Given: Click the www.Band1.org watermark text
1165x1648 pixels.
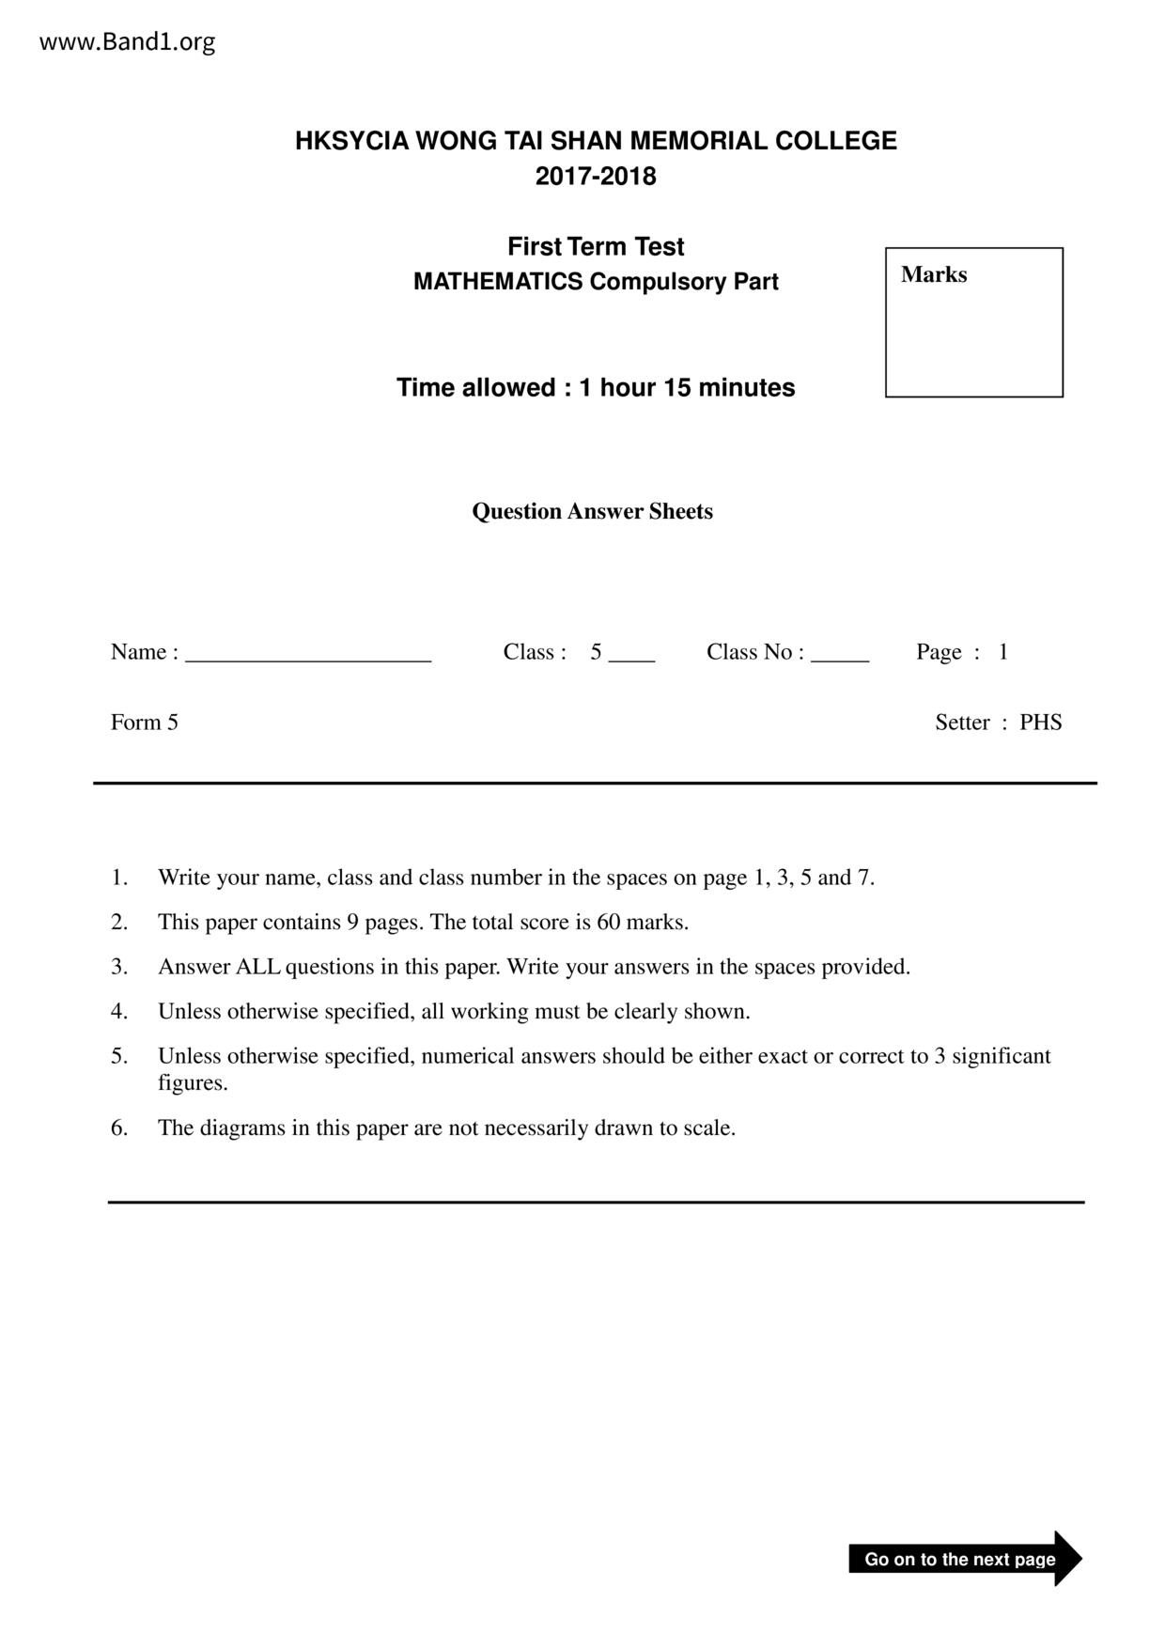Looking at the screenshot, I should coord(127,42).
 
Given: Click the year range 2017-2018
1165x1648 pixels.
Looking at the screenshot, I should coord(596,177).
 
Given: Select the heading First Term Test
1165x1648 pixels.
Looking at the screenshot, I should coord(596,247).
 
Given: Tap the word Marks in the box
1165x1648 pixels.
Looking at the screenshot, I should coord(934,274).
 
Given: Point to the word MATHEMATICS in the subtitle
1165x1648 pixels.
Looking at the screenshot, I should coord(498,282).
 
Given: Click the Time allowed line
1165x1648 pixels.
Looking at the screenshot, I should coord(596,388).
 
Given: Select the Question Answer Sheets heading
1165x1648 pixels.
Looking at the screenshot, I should coord(592,511).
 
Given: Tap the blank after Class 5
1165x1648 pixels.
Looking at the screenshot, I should coord(631,656).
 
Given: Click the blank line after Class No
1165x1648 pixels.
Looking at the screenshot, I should coord(840,656).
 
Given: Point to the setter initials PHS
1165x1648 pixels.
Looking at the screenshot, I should coord(1041,723).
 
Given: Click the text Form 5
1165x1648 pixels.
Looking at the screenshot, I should coord(145,723).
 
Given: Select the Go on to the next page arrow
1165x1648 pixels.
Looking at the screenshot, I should coord(964,1559).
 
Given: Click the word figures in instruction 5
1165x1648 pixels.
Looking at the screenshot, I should coord(193,1083).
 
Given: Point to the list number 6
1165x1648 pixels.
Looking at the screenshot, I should coord(119,1127).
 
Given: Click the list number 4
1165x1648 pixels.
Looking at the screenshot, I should coord(119,1012).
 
